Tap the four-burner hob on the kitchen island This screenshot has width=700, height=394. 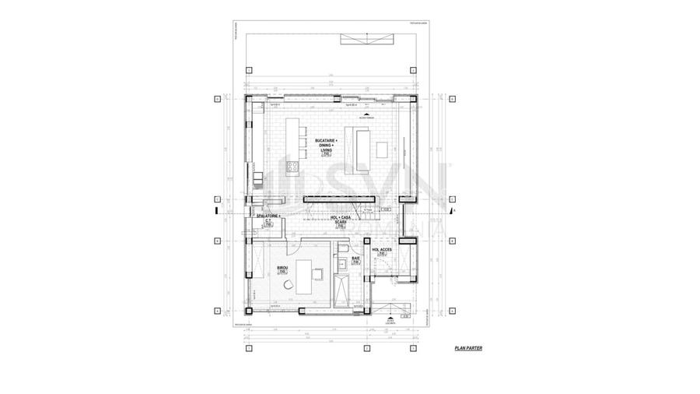coord(293,165)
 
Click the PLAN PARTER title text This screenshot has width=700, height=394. coord(468,348)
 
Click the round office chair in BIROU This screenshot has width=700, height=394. coord(289,285)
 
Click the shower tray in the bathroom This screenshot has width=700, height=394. coord(341,292)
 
